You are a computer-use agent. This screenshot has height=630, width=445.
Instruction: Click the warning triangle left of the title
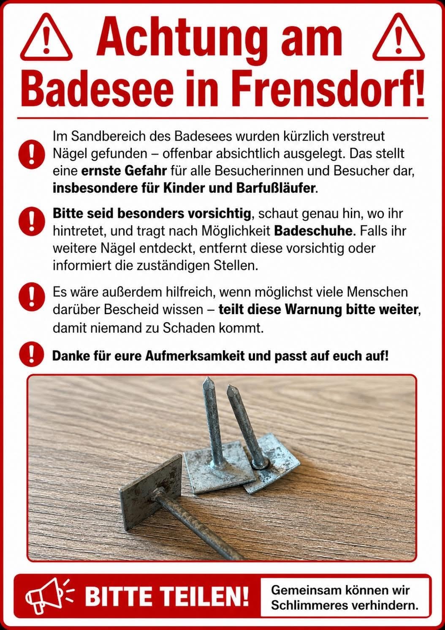click(x=46, y=37)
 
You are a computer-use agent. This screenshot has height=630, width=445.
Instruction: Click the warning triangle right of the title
click(x=398, y=37)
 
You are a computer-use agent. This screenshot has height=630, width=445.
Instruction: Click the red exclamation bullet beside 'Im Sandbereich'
click(x=32, y=154)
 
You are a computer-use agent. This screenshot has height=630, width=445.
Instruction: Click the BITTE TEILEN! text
click(x=167, y=596)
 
